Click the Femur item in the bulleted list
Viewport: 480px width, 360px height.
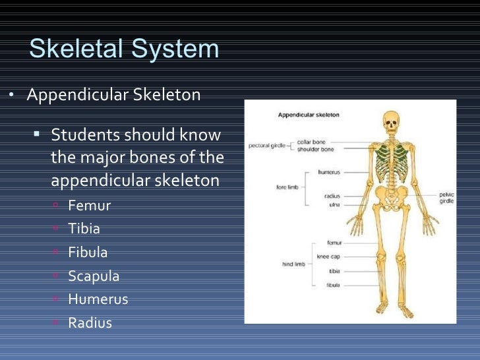pos(89,206)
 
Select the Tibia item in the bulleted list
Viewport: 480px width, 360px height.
pos(84,229)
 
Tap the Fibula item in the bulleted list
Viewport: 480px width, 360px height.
pos(88,253)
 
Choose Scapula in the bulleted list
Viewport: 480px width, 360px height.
pos(94,276)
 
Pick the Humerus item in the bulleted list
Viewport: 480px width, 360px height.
pos(98,299)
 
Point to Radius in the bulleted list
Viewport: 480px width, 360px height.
pos(90,323)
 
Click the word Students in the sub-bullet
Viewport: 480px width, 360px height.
pos(83,135)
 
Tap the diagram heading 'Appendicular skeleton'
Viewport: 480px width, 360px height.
pos(309,114)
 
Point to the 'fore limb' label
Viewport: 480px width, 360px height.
pos(287,187)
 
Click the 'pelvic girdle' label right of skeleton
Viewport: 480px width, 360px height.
pos(446,198)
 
